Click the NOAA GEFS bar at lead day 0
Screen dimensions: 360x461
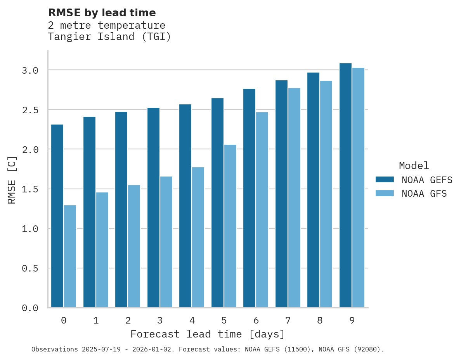57,216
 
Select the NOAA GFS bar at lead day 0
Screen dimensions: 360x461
70,256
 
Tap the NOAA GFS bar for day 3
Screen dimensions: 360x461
166,242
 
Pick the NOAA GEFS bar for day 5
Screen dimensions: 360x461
217,203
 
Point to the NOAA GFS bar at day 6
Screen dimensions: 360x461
262,210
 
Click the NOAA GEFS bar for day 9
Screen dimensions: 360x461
345,185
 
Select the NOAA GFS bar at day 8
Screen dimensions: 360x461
326,194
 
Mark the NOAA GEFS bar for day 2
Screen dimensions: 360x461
121,209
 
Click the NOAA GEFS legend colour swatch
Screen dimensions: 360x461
385,180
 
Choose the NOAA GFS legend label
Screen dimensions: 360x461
424,194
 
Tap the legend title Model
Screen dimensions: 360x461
414,166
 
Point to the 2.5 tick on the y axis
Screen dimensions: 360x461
30,110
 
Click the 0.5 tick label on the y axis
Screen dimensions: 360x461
30,268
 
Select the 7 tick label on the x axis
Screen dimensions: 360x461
288,320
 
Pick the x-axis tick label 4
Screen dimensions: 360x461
192,320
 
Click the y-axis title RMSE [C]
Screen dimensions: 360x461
12,180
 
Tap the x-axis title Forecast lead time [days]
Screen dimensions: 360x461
208,334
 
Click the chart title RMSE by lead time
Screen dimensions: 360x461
102,13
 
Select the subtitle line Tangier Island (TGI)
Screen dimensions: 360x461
109,37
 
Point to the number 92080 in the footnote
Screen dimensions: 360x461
364,350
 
